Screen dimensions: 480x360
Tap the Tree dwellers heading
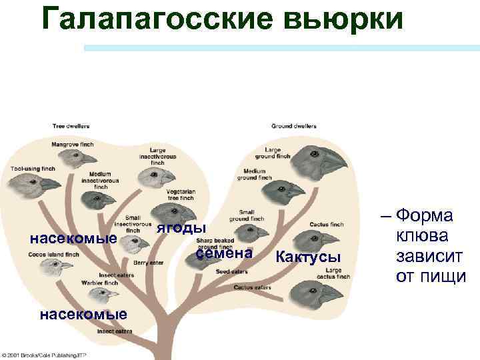click(71, 125)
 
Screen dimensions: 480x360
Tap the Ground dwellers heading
click(294, 125)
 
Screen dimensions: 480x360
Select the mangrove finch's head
click(71, 158)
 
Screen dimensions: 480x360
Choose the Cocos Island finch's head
click(53, 267)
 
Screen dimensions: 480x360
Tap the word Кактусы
click(309, 257)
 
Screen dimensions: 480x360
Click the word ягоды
click(176, 228)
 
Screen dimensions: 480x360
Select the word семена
click(224, 253)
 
